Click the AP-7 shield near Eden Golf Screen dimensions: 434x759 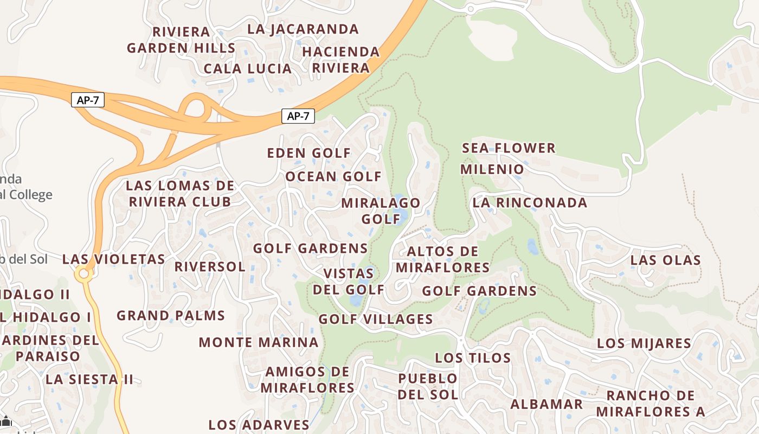coord(298,116)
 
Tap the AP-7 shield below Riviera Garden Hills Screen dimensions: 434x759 coord(87,100)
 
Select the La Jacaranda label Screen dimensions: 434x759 coord(303,29)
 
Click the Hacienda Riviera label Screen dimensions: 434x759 coord(340,60)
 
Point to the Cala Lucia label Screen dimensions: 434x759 coord(248,69)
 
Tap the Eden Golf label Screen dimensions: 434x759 coord(309,153)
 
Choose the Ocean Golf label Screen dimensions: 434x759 coord(333,176)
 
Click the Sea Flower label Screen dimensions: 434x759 coord(509,148)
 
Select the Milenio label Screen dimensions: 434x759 coord(492,169)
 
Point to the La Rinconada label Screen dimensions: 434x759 coord(530,203)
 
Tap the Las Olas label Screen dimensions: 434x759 coord(666,260)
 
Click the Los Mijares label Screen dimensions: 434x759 coord(644,343)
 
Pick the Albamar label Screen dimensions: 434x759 coord(546,404)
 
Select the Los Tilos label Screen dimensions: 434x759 coord(473,358)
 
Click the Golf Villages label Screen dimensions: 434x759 coord(376,319)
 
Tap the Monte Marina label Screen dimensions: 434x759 coord(259,342)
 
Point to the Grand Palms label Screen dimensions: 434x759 coord(171,315)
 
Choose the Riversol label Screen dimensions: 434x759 coord(210,267)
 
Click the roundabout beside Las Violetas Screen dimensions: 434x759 coord(83,274)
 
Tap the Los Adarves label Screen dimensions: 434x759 coord(259,424)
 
